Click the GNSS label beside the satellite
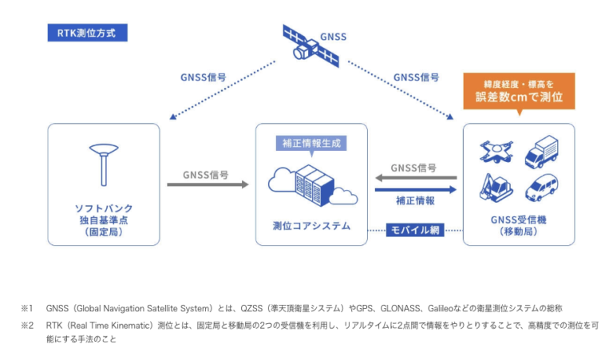(333, 36)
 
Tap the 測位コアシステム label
(310, 225)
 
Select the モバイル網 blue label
(413, 231)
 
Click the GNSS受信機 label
(518, 220)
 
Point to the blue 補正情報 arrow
(416, 190)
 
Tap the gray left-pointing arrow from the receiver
(416, 178)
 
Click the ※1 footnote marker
(26, 307)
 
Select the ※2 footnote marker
(26, 325)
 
